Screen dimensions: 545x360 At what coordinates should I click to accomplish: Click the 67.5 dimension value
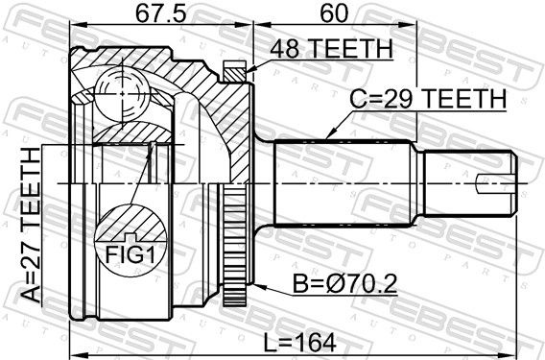click(160, 13)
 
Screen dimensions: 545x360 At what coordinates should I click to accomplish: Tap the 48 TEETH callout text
click(332, 49)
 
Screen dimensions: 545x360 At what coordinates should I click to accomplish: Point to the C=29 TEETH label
click(428, 99)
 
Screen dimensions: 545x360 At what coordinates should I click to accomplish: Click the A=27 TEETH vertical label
click(31, 225)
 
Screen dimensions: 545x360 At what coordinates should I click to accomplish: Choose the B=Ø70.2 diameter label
click(344, 284)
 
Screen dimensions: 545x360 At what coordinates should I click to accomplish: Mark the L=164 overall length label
click(299, 343)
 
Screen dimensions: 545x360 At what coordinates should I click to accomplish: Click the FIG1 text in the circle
click(130, 255)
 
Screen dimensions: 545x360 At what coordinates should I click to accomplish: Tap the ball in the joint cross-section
click(123, 94)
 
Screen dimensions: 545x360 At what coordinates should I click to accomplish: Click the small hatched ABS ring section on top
click(235, 72)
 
